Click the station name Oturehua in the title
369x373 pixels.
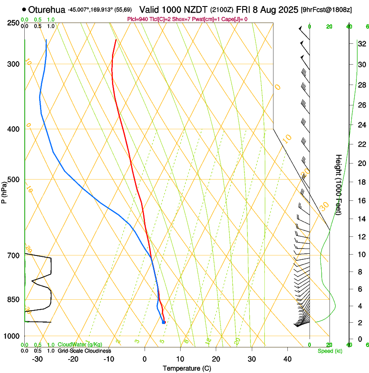tap(47, 9)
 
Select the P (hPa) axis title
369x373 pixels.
tap(4, 191)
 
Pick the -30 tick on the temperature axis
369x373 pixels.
tap(37, 359)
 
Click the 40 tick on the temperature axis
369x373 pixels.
tap(287, 359)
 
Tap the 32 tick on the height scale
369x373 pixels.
tap(361, 44)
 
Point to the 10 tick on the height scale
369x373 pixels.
tap(361, 254)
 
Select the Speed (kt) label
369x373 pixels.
tap(329, 351)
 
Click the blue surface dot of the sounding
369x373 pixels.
tap(163, 322)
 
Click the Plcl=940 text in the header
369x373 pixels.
tap(138, 19)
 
